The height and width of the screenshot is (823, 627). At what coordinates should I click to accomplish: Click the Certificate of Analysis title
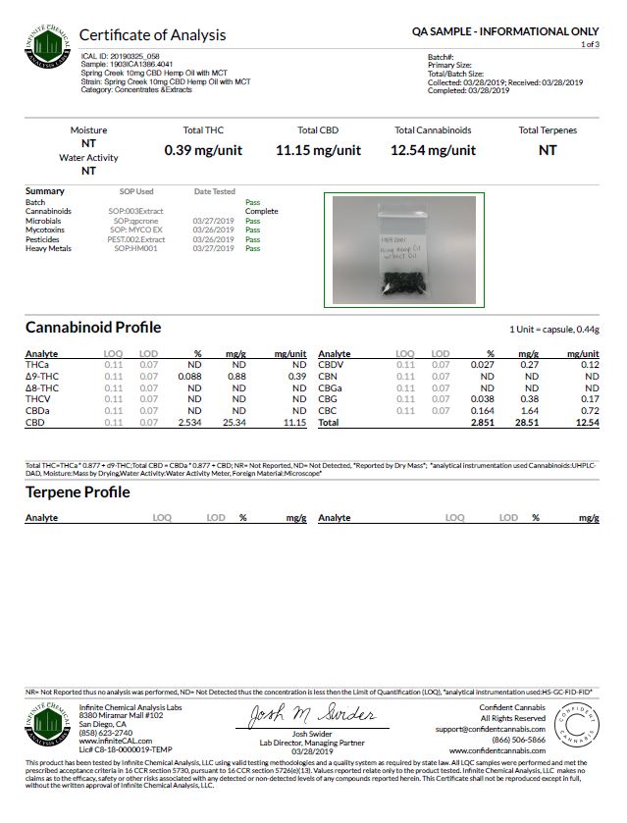tap(152, 35)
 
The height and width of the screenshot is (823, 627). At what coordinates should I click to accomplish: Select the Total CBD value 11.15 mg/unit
tap(318, 150)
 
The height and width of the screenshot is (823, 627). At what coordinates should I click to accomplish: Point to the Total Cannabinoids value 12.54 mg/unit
tap(433, 150)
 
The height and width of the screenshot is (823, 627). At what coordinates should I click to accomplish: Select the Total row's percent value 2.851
tap(484, 422)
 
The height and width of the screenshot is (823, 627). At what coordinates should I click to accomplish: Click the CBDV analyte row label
tap(330, 365)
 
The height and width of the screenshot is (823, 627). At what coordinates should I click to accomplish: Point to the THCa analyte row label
tap(36, 365)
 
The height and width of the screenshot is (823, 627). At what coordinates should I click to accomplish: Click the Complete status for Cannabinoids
tap(261, 211)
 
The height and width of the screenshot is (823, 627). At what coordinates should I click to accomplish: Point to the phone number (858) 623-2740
tap(107, 732)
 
